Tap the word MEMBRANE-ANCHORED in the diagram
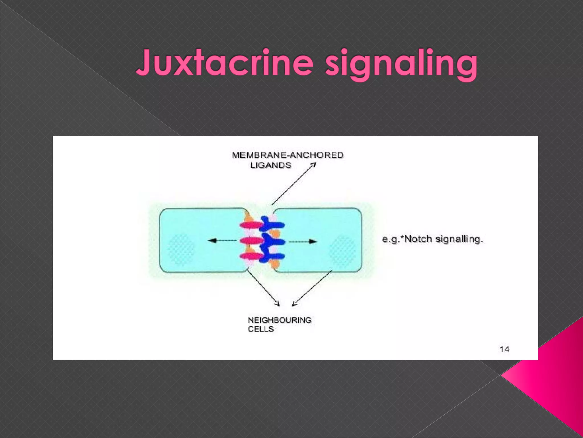(x=288, y=155)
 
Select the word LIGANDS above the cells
(x=270, y=165)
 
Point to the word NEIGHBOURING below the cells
(x=280, y=320)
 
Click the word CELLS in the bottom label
(x=261, y=329)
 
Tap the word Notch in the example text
(x=419, y=239)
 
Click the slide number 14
(x=504, y=349)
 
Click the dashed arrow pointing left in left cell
(x=222, y=241)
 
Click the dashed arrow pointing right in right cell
(x=303, y=242)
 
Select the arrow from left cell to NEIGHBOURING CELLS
(x=263, y=288)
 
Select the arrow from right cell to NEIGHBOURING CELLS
(x=312, y=288)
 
